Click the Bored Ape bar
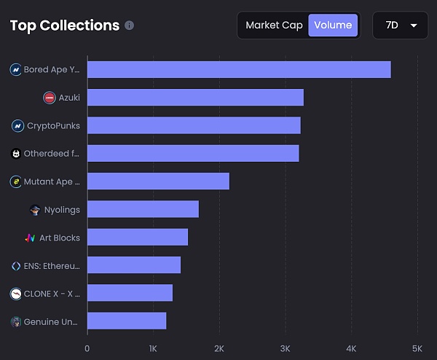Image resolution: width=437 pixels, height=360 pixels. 239,70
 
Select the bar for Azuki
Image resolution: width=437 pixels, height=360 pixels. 195,98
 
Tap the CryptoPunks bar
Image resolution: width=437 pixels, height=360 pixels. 194,125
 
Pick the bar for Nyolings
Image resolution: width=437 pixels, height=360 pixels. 143,210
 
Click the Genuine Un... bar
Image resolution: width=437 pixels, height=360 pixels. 127,321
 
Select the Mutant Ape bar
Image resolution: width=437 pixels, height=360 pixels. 158,181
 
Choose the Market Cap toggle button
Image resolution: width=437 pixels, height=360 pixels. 272,26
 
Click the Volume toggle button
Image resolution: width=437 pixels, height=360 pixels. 333,26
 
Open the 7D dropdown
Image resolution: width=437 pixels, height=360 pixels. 401,26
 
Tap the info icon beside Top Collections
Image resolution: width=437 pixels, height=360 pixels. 130,26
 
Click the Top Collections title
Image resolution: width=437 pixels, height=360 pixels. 65,26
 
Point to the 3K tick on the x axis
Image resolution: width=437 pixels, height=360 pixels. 286,348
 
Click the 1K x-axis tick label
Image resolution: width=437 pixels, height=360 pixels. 153,348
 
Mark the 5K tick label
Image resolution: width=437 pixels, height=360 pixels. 417,348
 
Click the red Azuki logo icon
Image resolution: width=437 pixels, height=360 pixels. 50,98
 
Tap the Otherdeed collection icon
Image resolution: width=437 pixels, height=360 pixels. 16,154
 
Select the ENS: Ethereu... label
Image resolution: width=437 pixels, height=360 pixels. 52,266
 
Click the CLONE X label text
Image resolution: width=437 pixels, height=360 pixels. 52,294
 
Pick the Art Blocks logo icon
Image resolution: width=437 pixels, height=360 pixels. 30,238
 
